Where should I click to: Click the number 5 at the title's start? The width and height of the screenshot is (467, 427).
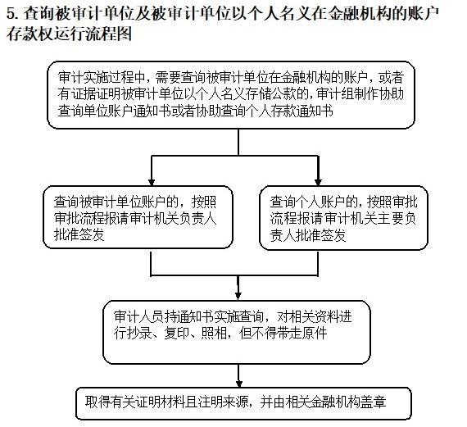click(11, 14)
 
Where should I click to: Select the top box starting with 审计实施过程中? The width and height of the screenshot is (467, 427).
click(231, 95)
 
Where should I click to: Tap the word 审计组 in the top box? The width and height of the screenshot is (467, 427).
click(335, 94)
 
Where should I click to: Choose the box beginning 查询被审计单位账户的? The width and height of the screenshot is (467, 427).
click(138, 217)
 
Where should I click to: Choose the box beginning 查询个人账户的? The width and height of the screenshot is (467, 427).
click(344, 218)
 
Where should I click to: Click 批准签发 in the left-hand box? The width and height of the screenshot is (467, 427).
click(79, 234)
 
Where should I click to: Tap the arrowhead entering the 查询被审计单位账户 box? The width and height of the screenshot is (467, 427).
click(152, 182)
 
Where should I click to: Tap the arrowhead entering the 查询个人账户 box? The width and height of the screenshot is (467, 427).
click(318, 182)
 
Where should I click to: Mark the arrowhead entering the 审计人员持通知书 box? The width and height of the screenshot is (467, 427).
click(238, 296)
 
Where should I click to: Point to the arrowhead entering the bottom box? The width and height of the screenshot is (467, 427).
click(238, 384)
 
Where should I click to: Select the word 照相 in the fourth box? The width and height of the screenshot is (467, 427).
click(214, 333)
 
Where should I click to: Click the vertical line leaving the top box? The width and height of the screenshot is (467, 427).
click(238, 142)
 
